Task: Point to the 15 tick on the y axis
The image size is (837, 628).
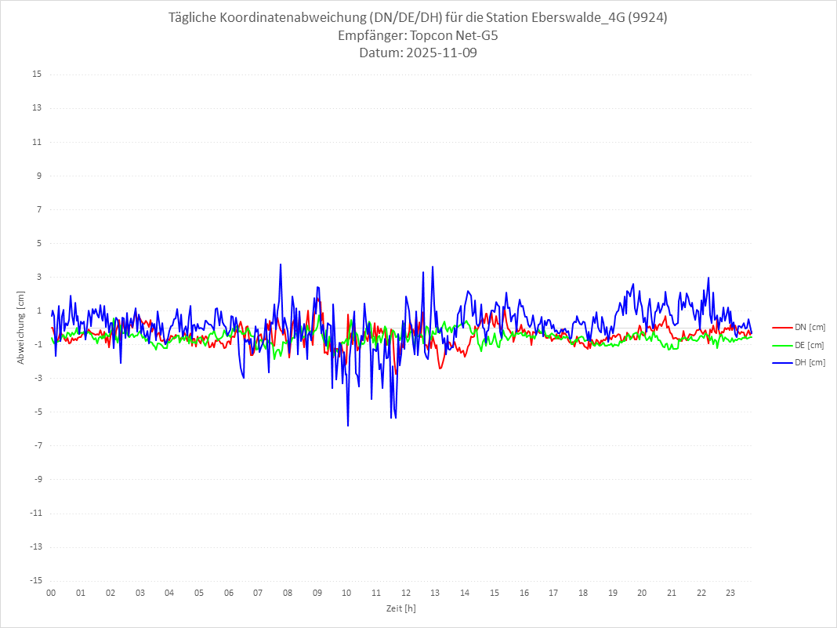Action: [36, 74]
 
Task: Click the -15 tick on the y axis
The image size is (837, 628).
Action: [34, 580]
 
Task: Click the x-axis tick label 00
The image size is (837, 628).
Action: [51, 593]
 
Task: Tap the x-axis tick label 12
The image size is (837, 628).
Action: [406, 593]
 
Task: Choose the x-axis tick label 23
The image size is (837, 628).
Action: [730, 593]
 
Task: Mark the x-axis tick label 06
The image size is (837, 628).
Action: [228, 593]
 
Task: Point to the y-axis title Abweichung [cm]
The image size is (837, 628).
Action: [21, 327]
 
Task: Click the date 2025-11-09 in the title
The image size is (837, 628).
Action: [439, 53]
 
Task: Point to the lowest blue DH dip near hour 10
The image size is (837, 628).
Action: [347, 426]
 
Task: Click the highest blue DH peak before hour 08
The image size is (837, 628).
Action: [281, 264]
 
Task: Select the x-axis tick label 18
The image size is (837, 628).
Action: [583, 593]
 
